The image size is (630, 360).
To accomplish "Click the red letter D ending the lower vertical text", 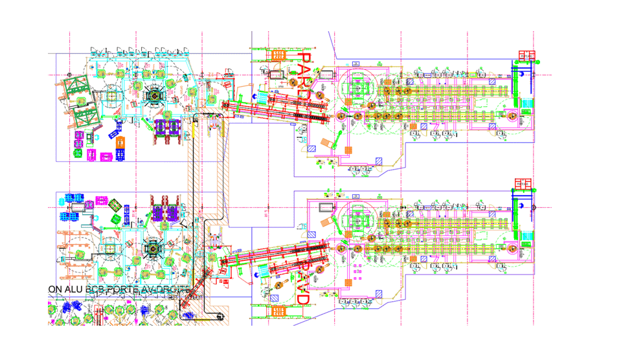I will pyautogui.click(x=302, y=298).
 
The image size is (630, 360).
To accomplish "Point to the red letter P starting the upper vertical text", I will pyautogui.click(x=302, y=60).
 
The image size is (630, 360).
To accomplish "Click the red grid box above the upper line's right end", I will pyautogui.click(x=524, y=56).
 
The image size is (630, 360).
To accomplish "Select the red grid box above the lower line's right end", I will pyautogui.click(x=523, y=183).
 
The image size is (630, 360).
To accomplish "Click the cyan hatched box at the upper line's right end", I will pyautogui.click(x=526, y=104).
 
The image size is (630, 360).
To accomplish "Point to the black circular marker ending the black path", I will pyautogui.click(x=220, y=317).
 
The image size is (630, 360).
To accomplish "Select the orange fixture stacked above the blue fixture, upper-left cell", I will pyautogui.click(x=120, y=142).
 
